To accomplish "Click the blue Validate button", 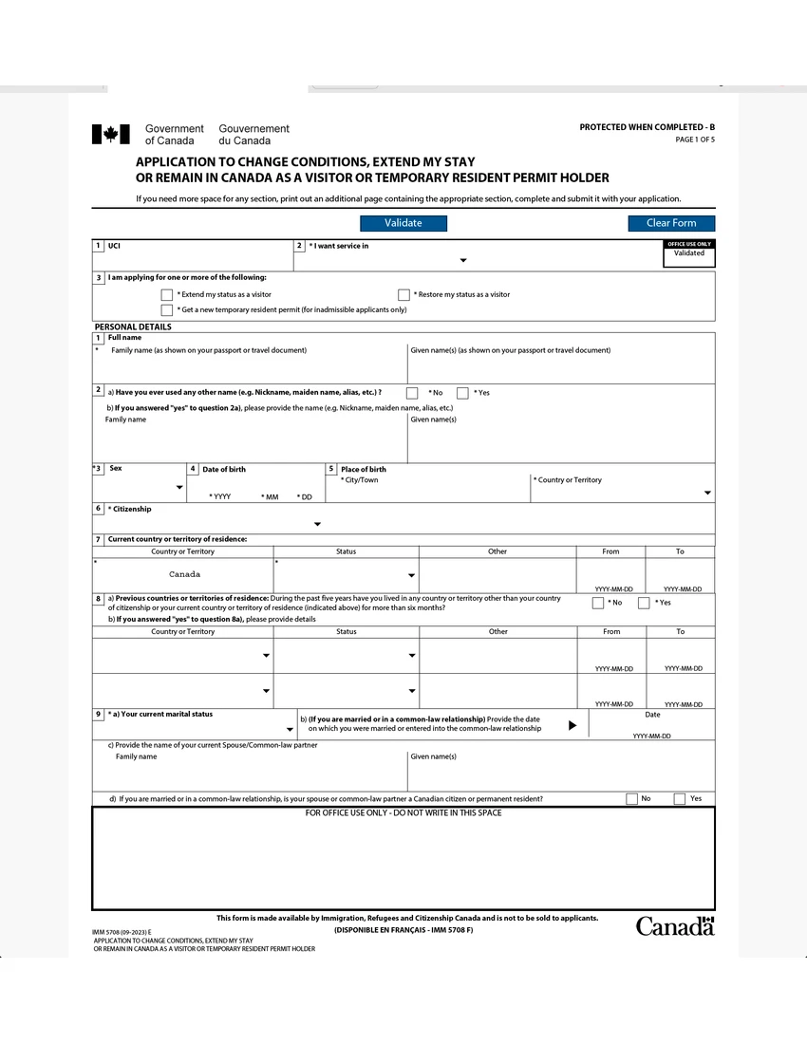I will [403, 223].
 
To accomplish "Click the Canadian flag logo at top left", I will [110, 134].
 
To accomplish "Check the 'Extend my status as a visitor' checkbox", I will [167, 295].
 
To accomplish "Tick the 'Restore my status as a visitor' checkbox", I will [403, 295].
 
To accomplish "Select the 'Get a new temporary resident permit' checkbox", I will [167, 309].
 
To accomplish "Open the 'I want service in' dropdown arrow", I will [463, 260].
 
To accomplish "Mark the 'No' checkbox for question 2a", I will [412, 393].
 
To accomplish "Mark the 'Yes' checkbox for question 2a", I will [462, 393].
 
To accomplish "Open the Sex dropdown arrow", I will [179, 488].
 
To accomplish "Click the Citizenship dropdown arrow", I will [317, 524].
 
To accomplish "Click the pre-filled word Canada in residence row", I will [184, 574].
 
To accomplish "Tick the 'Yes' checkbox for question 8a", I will [644, 603].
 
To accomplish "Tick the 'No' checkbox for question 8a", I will [598, 603].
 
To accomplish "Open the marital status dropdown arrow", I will [290, 729].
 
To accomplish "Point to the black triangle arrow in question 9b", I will [572, 725].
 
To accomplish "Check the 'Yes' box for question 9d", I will [679, 799].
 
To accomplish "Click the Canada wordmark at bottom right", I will [674, 926].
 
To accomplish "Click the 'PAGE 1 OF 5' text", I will [694, 140].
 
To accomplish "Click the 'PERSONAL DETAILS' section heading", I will [133, 326].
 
